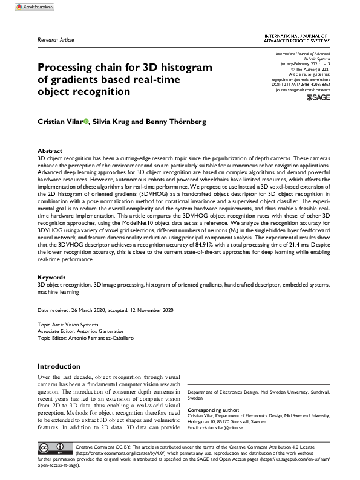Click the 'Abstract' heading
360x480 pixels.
[50, 151]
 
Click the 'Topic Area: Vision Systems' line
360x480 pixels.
[67, 325]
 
